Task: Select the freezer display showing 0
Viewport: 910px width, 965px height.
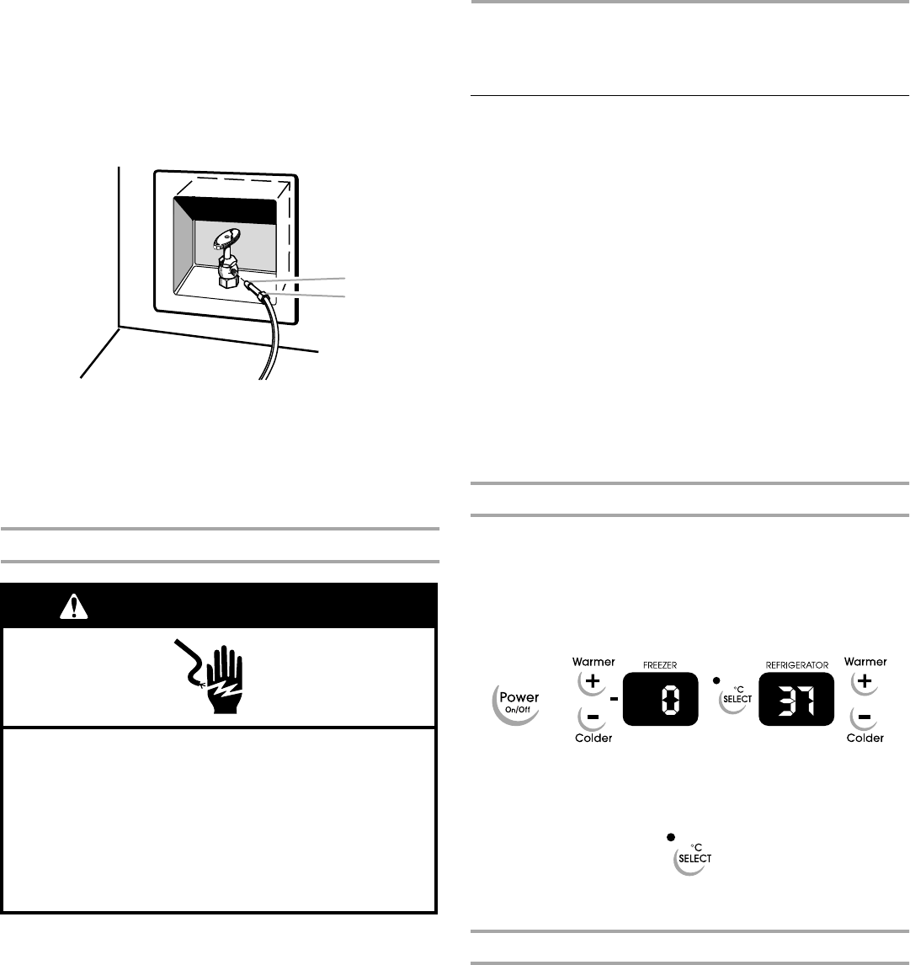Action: pos(662,699)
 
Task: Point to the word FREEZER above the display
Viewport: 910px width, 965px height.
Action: pos(662,665)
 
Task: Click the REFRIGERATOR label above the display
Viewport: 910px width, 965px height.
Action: pos(796,664)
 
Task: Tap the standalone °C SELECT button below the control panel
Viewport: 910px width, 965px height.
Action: pos(693,859)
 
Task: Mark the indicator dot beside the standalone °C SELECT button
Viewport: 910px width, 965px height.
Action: pos(670,837)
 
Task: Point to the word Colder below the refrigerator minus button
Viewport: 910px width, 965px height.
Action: pos(865,738)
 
